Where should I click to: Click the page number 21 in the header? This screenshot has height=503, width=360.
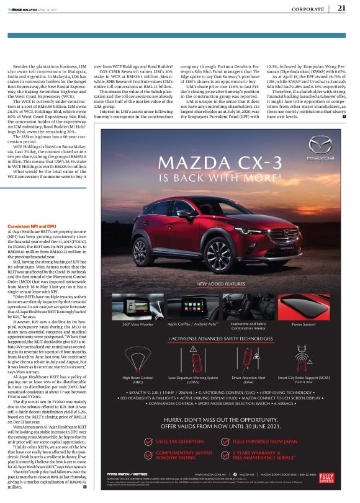click(341, 8)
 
